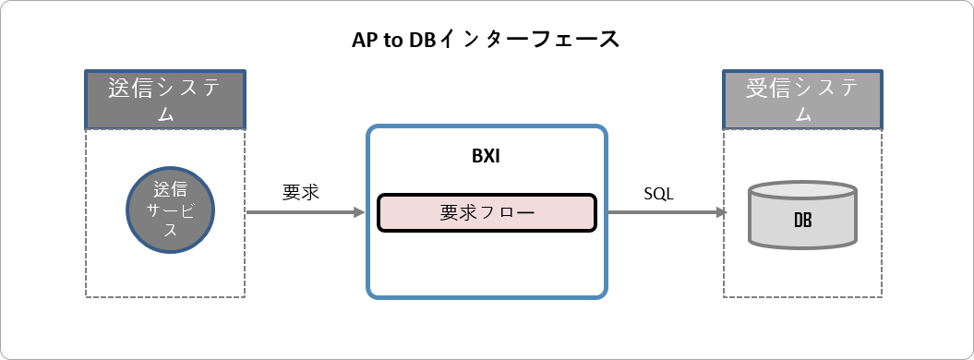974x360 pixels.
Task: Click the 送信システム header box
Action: (x=165, y=99)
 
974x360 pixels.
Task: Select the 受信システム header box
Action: (x=802, y=99)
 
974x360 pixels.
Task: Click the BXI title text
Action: (x=486, y=155)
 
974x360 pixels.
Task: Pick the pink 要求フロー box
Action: (x=487, y=212)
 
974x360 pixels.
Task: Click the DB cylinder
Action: (x=802, y=215)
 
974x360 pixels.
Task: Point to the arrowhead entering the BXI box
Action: (x=360, y=212)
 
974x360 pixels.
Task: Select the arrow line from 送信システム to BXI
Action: (x=300, y=212)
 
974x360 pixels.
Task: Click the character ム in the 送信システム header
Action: (x=165, y=114)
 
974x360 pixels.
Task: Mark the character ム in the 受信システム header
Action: (x=802, y=114)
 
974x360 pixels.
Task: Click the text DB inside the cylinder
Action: (x=802, y=221)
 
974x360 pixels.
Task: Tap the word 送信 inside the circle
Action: (x=170, y=190)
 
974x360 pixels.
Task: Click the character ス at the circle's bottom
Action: (x=170, y=231)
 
